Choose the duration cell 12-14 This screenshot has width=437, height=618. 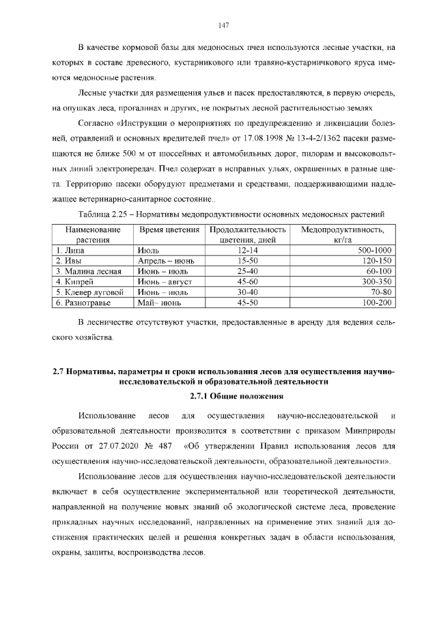246,251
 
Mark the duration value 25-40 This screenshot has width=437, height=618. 246,271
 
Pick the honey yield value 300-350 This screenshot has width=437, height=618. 376,281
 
